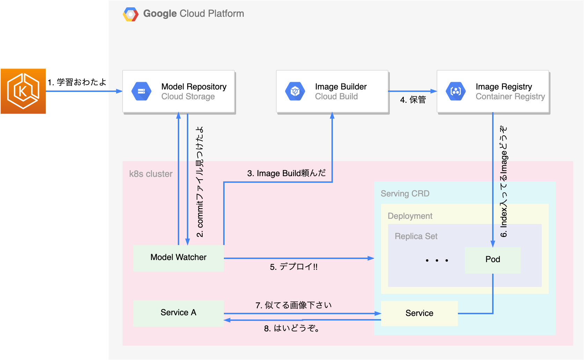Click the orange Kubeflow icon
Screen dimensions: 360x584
point(23,91)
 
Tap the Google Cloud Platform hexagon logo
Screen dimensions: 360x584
point(131,14)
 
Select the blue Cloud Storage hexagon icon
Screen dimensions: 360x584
point(141,91)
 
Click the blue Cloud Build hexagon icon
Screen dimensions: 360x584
point(295,91)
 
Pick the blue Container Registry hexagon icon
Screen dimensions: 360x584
point(456,91)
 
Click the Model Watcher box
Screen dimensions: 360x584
point(178,258)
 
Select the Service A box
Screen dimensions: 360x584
point(178,313)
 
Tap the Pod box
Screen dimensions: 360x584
point(492,260)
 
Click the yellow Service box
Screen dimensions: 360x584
point(419,314)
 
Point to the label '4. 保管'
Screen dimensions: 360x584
point(413,100)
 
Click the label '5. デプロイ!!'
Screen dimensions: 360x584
point(293,267)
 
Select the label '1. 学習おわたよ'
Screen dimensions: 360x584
point(77,82)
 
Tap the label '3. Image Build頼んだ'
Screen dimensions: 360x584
point(286,173)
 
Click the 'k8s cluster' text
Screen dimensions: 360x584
point(151,174)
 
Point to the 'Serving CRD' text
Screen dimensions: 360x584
point(405,194)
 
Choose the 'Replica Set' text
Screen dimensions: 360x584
point(416,236)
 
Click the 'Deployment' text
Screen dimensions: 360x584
point(410,216)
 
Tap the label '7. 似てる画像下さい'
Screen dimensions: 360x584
point(293,305)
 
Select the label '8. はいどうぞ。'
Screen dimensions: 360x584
point(292,329)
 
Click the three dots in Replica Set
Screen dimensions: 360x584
point(437,260)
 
